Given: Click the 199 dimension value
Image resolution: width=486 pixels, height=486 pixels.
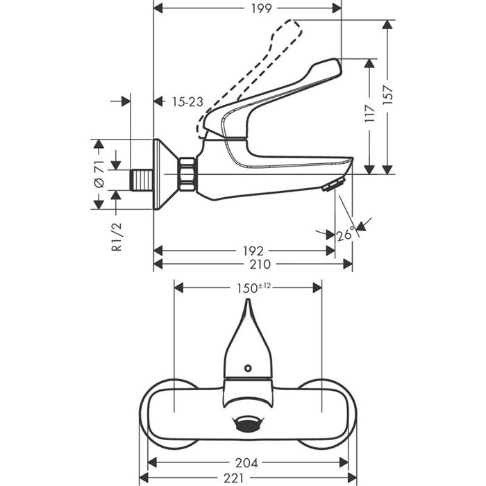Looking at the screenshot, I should (x=248, y=8).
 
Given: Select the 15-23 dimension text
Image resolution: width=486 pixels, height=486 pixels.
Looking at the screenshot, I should (x=187, y=101).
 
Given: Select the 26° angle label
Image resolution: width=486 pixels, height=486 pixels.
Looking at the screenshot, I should (x=345, y=235).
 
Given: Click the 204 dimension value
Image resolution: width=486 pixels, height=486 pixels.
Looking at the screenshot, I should (x=248, y=462).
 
